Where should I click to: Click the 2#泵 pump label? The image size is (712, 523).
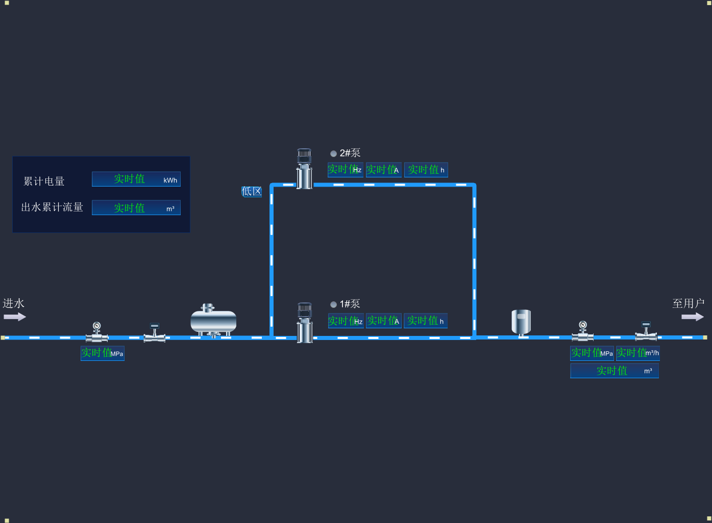point(350,153)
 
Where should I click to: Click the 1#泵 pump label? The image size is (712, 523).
point(350,304)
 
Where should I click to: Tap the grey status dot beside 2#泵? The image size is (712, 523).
point(333,153)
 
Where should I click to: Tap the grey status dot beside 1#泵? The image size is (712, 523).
point(333,304)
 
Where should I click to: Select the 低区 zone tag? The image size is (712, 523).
point(252,192)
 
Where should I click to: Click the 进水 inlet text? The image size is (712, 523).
point(14,303)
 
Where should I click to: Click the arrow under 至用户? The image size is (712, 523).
point(693,317)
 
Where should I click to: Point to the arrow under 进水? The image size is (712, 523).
point(15,317)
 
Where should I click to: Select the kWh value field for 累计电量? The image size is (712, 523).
point(136,179)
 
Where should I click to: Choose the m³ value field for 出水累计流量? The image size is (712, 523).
point(136,208)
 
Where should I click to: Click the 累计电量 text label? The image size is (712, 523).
point(44,181)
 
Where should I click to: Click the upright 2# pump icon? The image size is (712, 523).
point(304,169)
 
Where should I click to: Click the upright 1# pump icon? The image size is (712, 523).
point(305,322)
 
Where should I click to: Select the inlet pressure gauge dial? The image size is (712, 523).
point(96,326)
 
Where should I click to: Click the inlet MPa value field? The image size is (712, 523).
point(103,353)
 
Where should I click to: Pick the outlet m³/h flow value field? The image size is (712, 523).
point(638,353)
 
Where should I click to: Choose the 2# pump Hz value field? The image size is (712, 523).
point(345,170)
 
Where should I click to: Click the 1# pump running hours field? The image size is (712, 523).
point(426,321)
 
